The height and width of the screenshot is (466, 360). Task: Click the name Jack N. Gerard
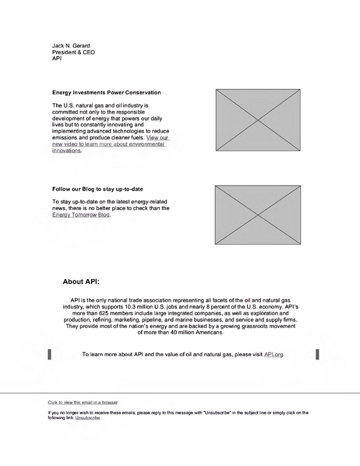pos(71,46)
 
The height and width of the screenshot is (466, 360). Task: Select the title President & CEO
pos(73,52)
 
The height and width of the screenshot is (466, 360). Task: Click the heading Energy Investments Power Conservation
pos(107,92)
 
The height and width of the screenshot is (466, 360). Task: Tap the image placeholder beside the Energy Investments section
pos(258,120)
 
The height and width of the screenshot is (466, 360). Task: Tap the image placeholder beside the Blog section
pos(258,215)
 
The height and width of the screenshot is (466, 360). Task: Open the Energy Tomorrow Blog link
pos(81,215)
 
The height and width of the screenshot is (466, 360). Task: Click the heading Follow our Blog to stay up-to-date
pos(97,189)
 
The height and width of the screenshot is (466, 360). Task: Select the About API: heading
pos(81,282)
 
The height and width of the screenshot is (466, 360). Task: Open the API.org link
pos(273,354)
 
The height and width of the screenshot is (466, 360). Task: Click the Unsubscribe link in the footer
pos(87,418)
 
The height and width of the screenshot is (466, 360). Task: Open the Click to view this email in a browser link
pos(83,403)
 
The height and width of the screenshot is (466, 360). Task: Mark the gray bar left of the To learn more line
pos(50,354)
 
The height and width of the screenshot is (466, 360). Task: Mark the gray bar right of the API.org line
pos(317,354)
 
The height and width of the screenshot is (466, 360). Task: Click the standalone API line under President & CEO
pos(57,58)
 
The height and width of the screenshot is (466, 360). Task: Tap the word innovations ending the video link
pos(66,151)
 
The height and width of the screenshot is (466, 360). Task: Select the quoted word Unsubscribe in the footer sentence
pos(216,413)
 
